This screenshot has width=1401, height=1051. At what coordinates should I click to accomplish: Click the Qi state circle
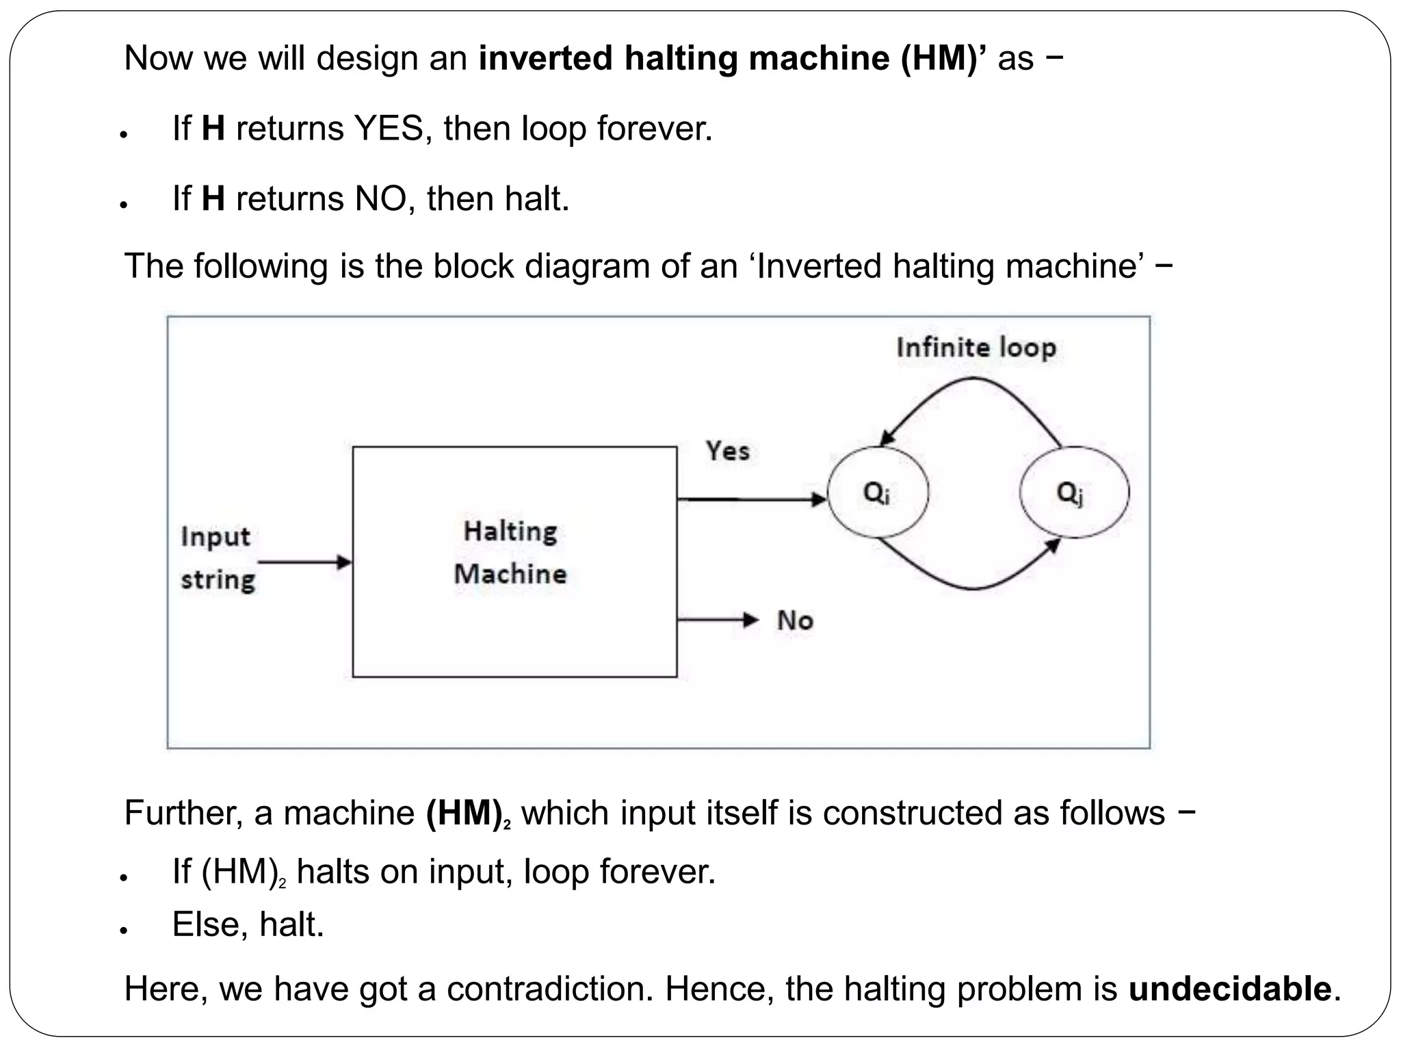pyautogui.click(x=878, y=493)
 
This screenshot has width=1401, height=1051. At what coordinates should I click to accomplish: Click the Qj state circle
pyautogui.click(x=1073, y=493)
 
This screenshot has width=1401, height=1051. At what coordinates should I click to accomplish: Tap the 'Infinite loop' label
pyautogui.click(x=976, y=348)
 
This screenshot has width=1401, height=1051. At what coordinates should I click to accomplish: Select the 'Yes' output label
pyautogui.click(x=727, y=451)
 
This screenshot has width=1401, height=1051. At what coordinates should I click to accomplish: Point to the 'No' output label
pyautogui.click(x=795, y=621)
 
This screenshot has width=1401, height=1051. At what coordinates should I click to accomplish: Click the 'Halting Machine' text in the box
pyautogui.click(x=511, y=552)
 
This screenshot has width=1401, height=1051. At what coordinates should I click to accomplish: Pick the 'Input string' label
pyautogui.click(x=217, y=558)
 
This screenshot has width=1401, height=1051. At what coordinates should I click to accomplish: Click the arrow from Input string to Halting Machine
pyautogui.click(x=304, y=562)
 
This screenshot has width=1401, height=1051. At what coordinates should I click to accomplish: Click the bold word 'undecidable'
pyautogui.click(x=1229, y=989)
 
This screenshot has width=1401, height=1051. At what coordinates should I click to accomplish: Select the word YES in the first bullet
pyautogui.click(x=388, y=129)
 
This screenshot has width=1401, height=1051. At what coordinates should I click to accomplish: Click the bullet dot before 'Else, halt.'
pyautogui.click(x=124, y=931)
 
